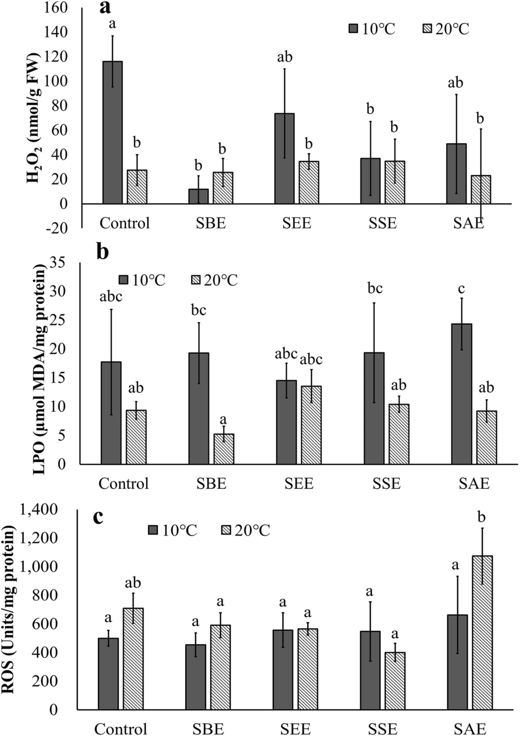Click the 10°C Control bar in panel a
(113, 132)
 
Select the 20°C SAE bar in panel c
(482, 632)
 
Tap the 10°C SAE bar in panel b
(461, 394)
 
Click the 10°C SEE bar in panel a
(285, 158)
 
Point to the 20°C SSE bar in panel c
(395, 681)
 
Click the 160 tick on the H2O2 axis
(57, 8)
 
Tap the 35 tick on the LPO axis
(58, 263)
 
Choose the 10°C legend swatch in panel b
(123, 280)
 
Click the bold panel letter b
(103, 252)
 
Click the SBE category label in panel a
(210, 223)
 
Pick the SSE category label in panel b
(386, 484)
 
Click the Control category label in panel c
(121, 729)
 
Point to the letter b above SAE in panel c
(482, 517)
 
